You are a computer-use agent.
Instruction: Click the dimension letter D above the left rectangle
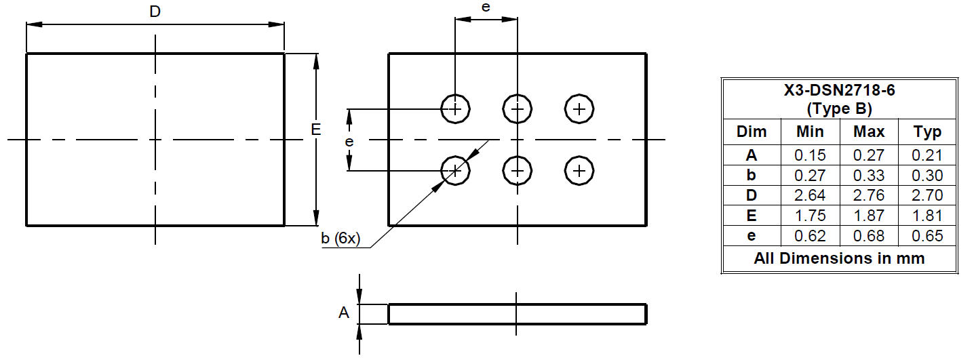pyautogui.click(x=155, y=12)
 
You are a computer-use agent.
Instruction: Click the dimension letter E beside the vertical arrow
pyautogui.click(x=315, y=129)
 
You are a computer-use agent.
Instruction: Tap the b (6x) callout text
pyautogui.click(x=340, y=238)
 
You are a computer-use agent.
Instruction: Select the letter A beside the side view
pyautogui.click(x=343, y=313)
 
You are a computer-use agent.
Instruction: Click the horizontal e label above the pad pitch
pyautogui.click(x=486, y=7)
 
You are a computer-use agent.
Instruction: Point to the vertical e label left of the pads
pyautogui.click(x=349, y=142)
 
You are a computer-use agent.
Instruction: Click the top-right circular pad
pyautogui.click(x=579, y=108)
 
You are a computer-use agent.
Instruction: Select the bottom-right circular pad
pyautogui.click(x=579, y=171)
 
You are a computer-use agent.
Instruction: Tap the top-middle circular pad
pyautogui.click(x=517, y=108)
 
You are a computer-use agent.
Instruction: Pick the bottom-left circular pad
pyautogui.click(x=455, y=171)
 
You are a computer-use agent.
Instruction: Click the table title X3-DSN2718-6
pyautogui.click(x=839, y=90)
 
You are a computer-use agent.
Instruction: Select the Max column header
pyautogui.click(x=869, y=132)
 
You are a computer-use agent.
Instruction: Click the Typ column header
pyautogui.click(x=927, y=132)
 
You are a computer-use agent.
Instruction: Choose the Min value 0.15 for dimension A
pyautogui.click(x=810, y=155)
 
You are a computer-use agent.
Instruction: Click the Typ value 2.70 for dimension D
pyautogui.click(x=927, y=195)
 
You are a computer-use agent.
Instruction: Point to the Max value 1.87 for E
pyautogui.click(x=869, y=216)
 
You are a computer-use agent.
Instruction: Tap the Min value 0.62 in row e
pyautogui.click(x=810, y=236)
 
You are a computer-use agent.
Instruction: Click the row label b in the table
pyautogui.click(x=751, y=175)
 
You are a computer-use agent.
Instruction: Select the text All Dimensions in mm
pyautogui.click(x=839, y=258)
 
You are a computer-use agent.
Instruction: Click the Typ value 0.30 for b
pyautogui.click(x=927, y=175)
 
